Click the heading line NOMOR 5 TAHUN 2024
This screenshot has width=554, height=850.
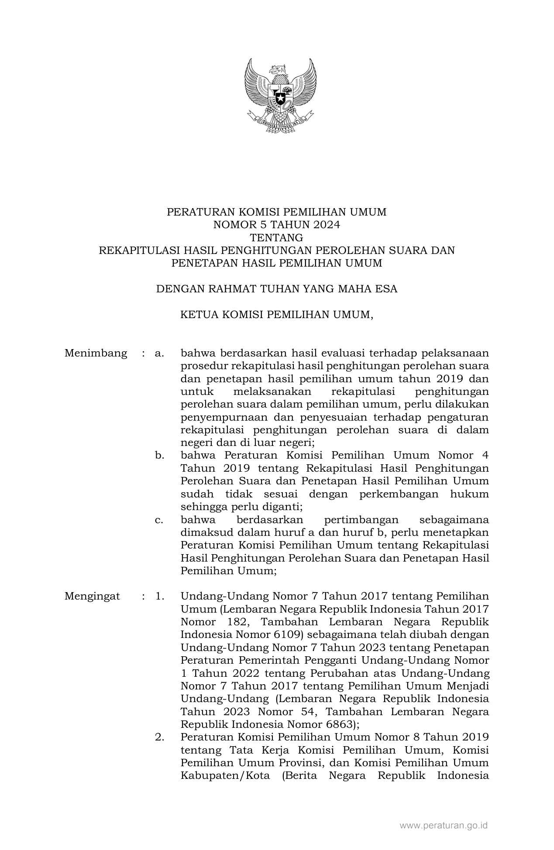point(276,225)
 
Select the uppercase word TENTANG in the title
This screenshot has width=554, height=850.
point(276,238)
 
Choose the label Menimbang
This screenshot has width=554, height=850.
point(96,353)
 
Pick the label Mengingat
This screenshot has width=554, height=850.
point(92,596)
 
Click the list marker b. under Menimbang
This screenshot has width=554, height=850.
point(159,456)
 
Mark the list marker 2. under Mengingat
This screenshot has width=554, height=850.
point(159,737)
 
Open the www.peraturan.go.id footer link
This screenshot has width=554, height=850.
point(444,825)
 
